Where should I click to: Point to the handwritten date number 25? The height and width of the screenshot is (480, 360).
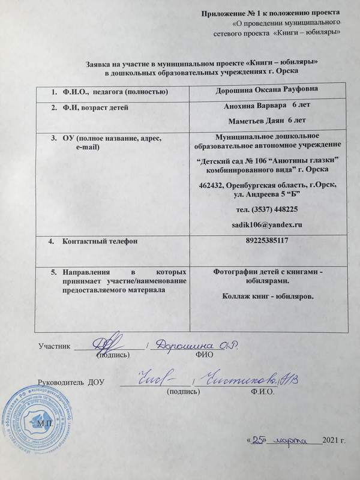(259, 440)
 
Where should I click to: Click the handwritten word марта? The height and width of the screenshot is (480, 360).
(294, 440)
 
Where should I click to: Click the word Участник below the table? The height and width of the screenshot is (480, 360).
(55, 346)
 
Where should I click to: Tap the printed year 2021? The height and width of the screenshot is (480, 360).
(331, 441)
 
